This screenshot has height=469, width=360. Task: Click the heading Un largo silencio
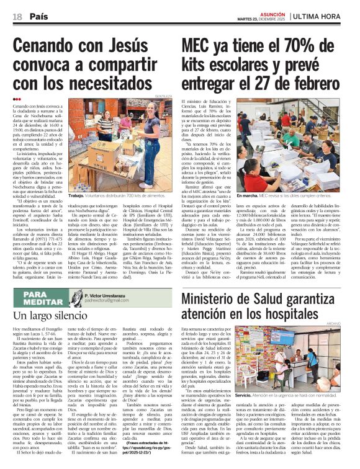[48, 316]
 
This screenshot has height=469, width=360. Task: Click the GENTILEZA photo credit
[163, 97]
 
